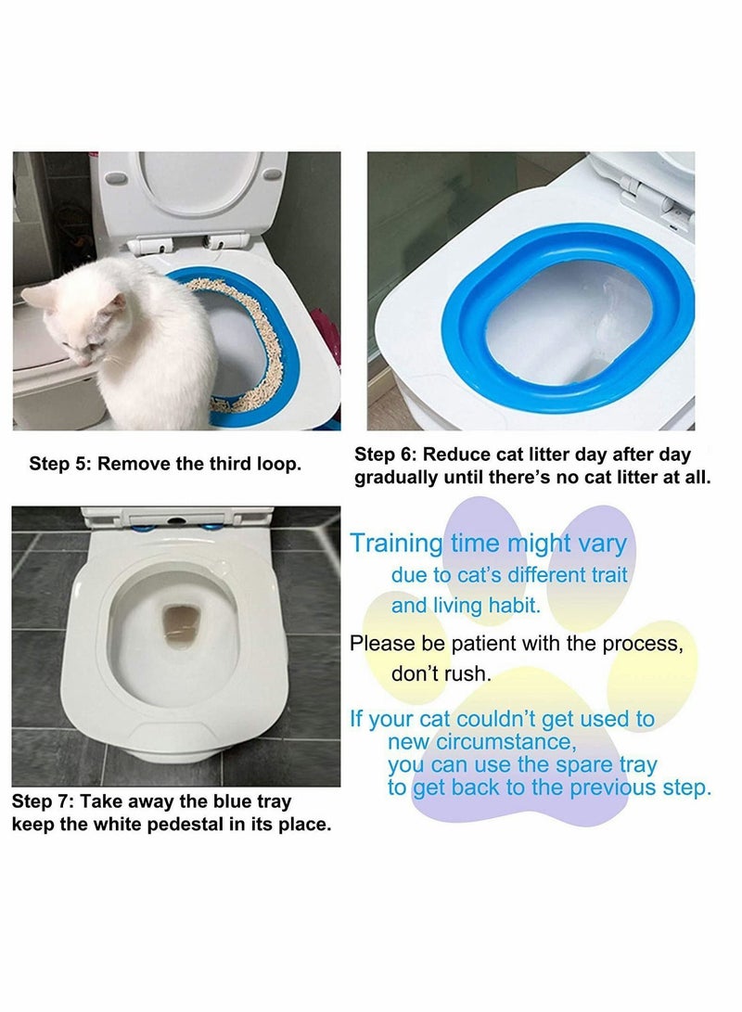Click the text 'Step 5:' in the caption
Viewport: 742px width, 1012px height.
pyautogui.click(x=60, y=464)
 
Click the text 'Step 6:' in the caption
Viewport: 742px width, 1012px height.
pyautogui.click(x=387, y=455)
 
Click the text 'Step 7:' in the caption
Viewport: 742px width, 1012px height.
pyautogui.click(x=43, y=801)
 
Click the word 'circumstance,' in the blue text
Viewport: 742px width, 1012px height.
pyautogui.click(x=466, y=742)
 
